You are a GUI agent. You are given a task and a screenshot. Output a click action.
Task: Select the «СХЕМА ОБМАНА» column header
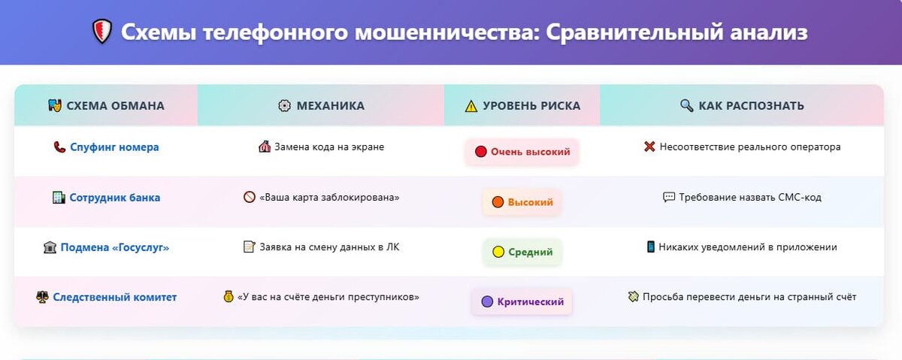[106, 106]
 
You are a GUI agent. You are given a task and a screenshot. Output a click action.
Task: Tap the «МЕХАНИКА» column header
[321, 106]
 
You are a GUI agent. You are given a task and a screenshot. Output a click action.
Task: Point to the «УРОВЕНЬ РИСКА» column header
[522, 106]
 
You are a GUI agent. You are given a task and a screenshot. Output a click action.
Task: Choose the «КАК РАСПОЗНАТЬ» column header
[742, 106]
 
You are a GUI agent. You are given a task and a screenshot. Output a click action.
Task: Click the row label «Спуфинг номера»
[114, 147]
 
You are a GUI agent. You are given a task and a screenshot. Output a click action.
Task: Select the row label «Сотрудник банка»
[114, 198]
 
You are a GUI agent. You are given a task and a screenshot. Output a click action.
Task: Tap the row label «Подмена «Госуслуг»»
[114, 247]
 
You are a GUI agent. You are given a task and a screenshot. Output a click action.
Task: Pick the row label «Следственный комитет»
[114, 298]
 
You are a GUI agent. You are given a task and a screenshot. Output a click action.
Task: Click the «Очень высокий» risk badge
[522, 152]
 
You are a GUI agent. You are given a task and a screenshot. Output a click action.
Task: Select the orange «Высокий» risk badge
[522, 202]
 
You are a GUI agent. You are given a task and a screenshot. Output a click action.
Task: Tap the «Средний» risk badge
[522, 253]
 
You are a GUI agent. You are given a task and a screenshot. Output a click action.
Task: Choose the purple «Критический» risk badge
[522, 302]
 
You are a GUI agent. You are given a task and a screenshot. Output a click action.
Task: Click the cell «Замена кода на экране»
[321, 147]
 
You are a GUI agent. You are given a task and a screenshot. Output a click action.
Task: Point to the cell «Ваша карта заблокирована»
[321, 198]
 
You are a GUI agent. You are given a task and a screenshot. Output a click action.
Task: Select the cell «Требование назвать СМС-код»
[742, 198]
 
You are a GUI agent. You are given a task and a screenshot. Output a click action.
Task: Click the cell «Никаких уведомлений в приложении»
[742, 247]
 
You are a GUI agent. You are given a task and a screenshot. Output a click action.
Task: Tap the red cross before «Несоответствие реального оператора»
[649, 147]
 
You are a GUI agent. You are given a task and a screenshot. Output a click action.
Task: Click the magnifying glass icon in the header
[686, 106]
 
